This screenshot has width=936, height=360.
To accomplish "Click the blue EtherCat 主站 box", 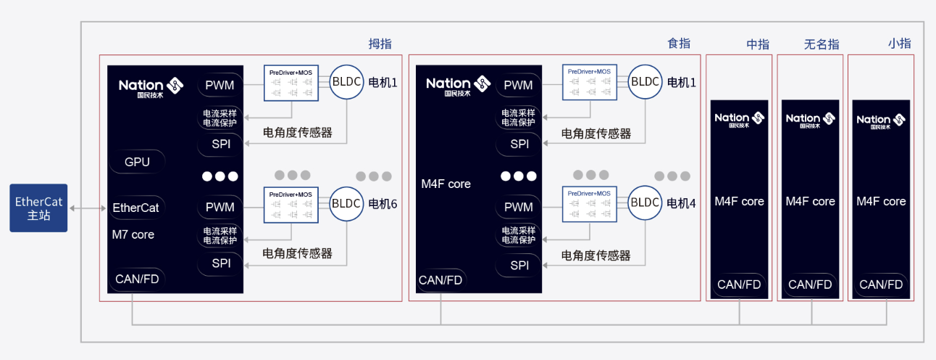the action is tap(38, 208).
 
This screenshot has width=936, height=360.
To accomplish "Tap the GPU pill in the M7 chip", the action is tap(137, 162).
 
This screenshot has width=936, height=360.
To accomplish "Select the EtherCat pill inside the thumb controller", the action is tap(136, 208).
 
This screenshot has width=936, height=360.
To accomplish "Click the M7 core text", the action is tap(133, 234).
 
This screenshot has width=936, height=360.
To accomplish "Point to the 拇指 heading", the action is tap(380, 44).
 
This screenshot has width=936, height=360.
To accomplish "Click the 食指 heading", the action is tap(679, 44).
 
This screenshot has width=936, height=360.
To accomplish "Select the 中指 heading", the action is tap(758, 44).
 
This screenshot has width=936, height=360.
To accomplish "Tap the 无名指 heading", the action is tap(822, 44).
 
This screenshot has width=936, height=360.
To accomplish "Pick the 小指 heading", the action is tap(899, 44).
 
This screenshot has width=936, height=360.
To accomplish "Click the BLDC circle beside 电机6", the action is tap(346, 203).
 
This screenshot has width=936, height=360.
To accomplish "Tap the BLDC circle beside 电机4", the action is tap(645, 202).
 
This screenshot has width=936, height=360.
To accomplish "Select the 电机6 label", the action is tap(383, 204).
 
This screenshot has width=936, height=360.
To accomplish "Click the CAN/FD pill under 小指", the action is tap(881, 285).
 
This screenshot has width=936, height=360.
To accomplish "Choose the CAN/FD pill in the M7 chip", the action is tap(137, 279).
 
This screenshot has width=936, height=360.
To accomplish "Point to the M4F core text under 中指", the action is tap(739, 201).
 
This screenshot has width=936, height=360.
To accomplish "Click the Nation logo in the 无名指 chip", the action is tap(810, 120).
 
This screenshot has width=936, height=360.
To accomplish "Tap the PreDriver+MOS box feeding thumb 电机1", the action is tap(291, 83).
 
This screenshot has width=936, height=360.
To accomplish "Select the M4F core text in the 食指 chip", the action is tap(446, 184).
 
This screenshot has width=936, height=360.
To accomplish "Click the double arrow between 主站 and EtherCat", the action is tap(88, 208).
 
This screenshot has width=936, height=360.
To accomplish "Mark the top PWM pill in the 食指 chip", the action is tap(518, 85).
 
